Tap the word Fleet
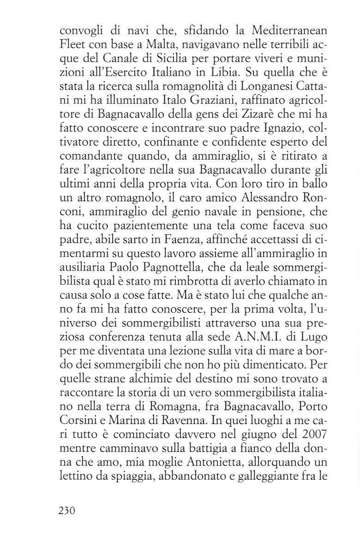[x=73, y=46]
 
